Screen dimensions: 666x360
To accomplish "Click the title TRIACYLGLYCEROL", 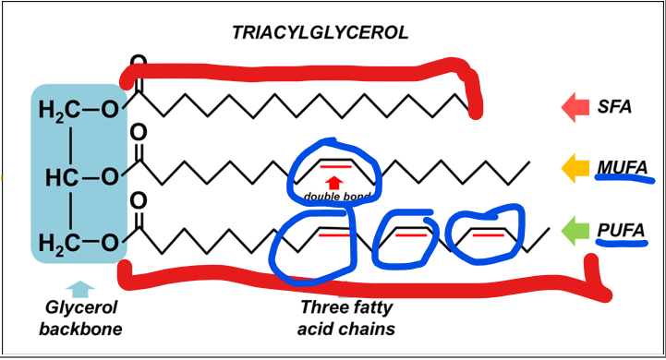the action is pos(320,33).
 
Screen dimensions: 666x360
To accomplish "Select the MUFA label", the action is pos(621,168).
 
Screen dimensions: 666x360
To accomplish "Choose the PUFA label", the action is pos(620,229).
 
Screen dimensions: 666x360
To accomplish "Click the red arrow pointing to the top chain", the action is pos(577,106).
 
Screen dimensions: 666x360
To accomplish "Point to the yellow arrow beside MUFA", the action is pos(577,168).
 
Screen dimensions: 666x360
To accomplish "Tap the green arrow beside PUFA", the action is pos(577,229).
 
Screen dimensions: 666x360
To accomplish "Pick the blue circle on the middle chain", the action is pos(334,173).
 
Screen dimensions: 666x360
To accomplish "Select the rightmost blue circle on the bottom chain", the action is pos(484,234).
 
